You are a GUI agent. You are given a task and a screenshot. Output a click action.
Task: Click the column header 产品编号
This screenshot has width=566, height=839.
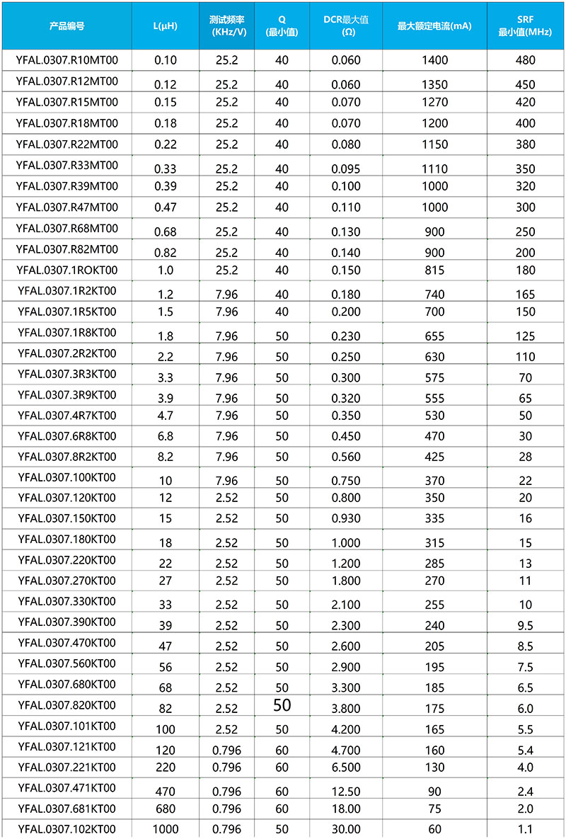(67, 26)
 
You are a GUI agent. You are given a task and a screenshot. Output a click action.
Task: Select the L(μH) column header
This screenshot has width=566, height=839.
(166, 26)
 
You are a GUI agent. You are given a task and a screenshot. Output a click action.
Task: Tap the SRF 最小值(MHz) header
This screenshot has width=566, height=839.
(525, 26)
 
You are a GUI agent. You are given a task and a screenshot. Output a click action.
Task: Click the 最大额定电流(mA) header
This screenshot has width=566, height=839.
(434, 26)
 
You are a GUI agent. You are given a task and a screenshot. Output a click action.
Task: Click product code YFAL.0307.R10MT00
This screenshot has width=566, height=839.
(67, 60)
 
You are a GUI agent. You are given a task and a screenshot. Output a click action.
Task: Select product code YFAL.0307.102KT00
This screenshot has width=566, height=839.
(67, 829)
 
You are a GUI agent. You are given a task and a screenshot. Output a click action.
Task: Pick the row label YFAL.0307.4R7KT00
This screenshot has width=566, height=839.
(67, 415)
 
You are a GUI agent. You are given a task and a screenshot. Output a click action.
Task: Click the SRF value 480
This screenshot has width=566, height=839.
(526, 61)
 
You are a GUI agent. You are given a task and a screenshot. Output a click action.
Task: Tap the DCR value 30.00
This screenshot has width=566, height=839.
(347, 830)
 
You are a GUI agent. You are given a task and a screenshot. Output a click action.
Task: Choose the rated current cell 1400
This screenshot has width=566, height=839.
(434, 61)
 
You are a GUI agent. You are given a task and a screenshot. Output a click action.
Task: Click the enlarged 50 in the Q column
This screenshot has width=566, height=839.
(282, 705)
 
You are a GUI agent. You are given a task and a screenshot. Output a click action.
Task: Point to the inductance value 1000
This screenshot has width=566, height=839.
(166, 830)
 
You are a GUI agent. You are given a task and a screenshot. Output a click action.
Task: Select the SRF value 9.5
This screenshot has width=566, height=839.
(526, 625)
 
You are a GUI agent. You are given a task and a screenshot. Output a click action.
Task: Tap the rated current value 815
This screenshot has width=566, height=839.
(434, 270)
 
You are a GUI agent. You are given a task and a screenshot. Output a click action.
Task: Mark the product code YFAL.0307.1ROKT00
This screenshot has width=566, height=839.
(67, 270)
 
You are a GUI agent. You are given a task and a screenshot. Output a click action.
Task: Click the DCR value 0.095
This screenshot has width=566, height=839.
(347, 169)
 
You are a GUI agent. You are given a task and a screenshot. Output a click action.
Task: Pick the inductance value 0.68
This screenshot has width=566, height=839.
(166, 232)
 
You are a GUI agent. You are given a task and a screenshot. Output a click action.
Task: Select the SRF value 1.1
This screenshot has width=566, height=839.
(526, 830)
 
